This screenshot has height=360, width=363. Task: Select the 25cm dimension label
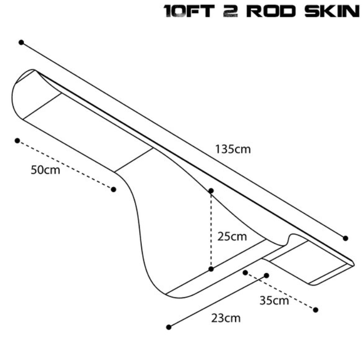(x=232, y=236)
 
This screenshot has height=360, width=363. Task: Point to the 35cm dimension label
(x=274, y=300)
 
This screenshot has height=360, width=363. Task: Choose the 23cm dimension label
(x=226, y=318)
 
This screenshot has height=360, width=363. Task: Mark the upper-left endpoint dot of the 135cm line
(x=21, y=43)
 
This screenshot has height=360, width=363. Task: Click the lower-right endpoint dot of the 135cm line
(x=345, y=238)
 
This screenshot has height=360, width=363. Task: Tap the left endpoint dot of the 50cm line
(x=17, y=141)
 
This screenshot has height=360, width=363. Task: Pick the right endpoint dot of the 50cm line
(x=114, y=189)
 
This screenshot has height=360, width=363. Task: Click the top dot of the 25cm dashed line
(x=211, y=190)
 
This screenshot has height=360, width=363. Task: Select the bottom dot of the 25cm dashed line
(x=211, y=269)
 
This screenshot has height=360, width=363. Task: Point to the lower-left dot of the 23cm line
(x=169, y=327)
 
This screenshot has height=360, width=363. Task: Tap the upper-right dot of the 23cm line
(x=266, y=275)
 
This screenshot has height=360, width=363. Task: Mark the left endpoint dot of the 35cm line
(x=245, y=272)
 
